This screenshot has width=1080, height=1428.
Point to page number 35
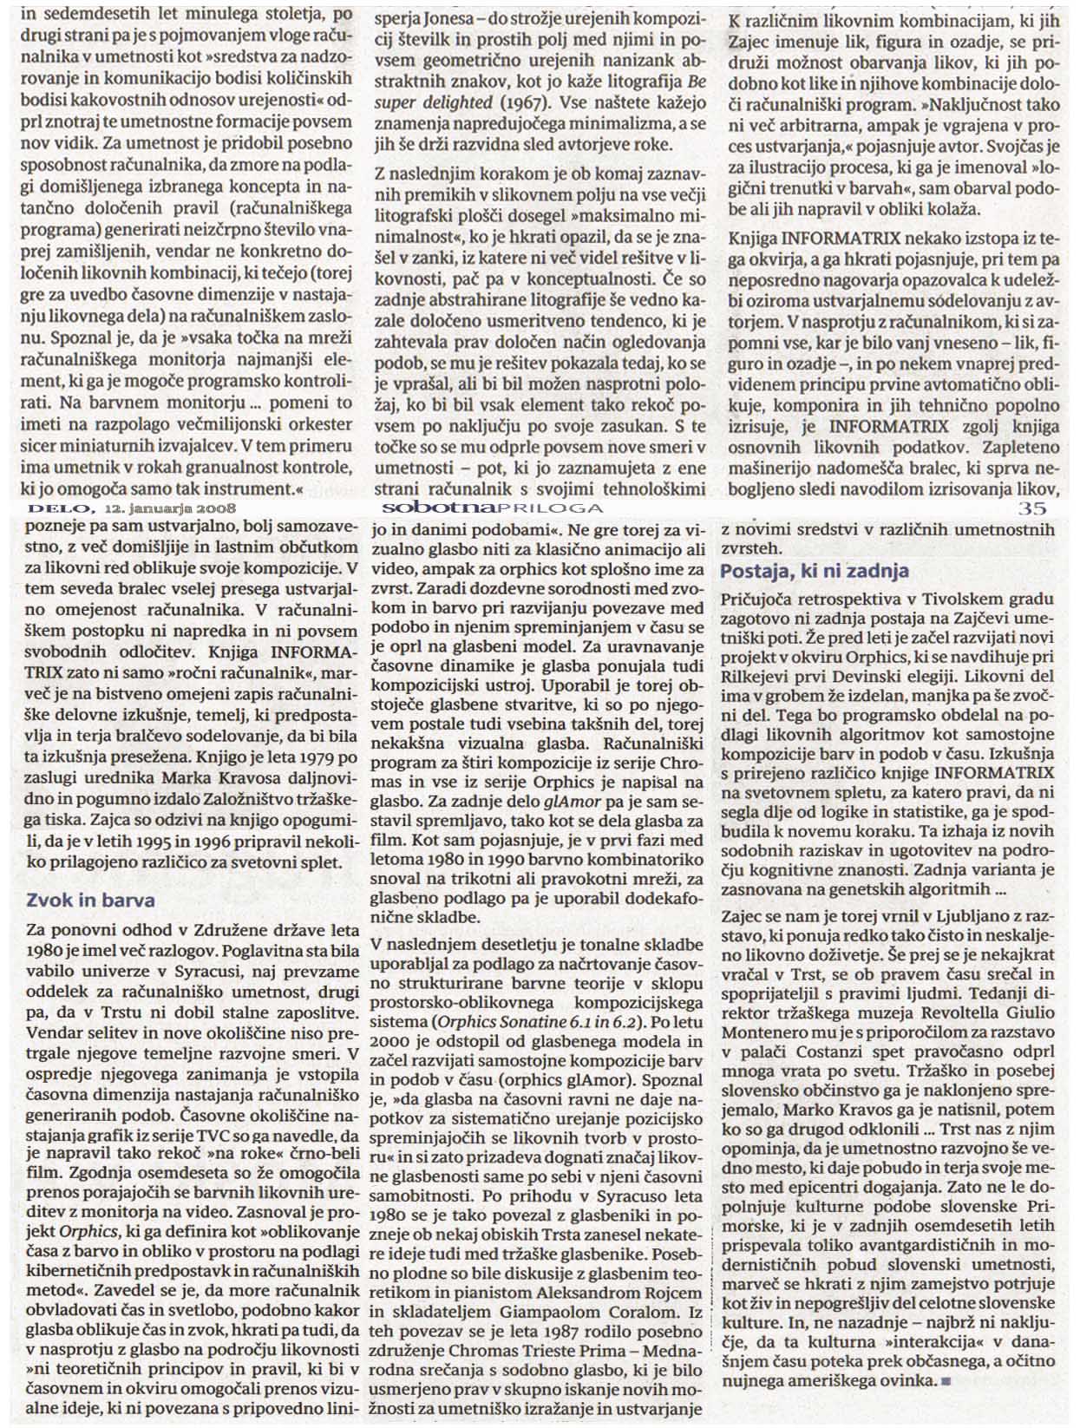[x=1032, y=508]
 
